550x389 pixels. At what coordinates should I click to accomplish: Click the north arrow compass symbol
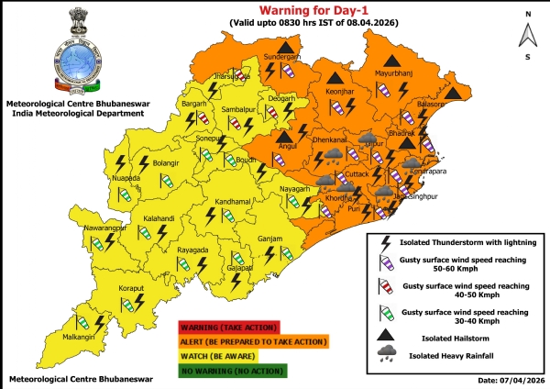[x=527, y=35]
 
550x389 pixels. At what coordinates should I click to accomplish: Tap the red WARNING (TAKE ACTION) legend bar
[x=252, y=328]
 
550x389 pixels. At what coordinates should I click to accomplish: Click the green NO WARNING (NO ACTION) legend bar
[x=252, y=372]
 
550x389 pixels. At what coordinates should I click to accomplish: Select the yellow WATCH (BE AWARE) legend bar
[x=252, y=357]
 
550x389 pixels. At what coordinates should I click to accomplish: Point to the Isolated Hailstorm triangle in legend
[x=384, y=335]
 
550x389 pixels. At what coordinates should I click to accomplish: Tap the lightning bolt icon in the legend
[x=385, y=242]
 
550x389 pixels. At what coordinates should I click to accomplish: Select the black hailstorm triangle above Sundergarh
[x=287, y=45]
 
